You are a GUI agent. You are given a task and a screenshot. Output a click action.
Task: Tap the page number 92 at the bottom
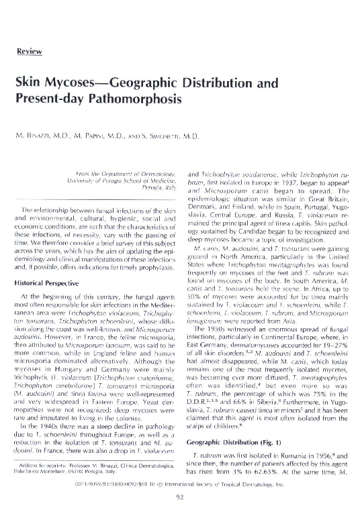tap(180, 498)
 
